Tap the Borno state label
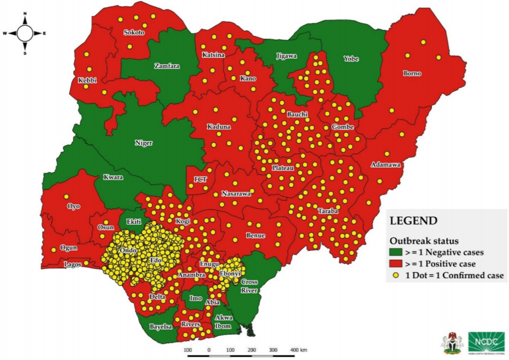pos(412,73)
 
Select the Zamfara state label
pos(166,66)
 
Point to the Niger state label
pos(144,142)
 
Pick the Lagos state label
pos(72,264)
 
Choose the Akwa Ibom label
pos(224,321)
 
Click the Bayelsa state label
pos(160,326)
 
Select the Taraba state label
pos(327,211)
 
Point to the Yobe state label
pos(351,59)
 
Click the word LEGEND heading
pos(413,221)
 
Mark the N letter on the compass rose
pos(25,13)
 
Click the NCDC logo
pos(486,342)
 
